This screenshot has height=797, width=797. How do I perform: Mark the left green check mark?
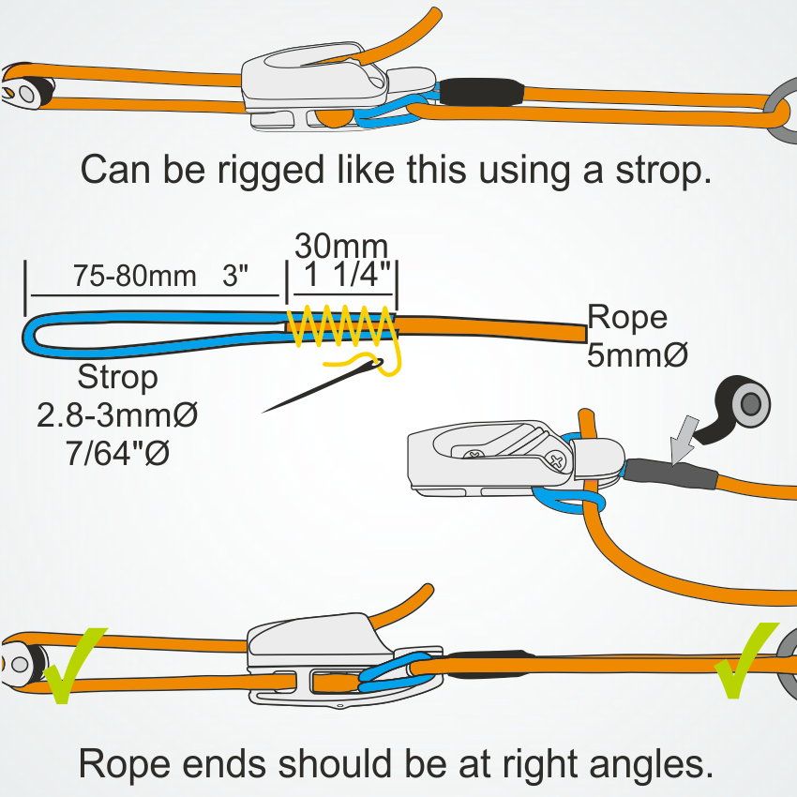pos(75,666)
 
